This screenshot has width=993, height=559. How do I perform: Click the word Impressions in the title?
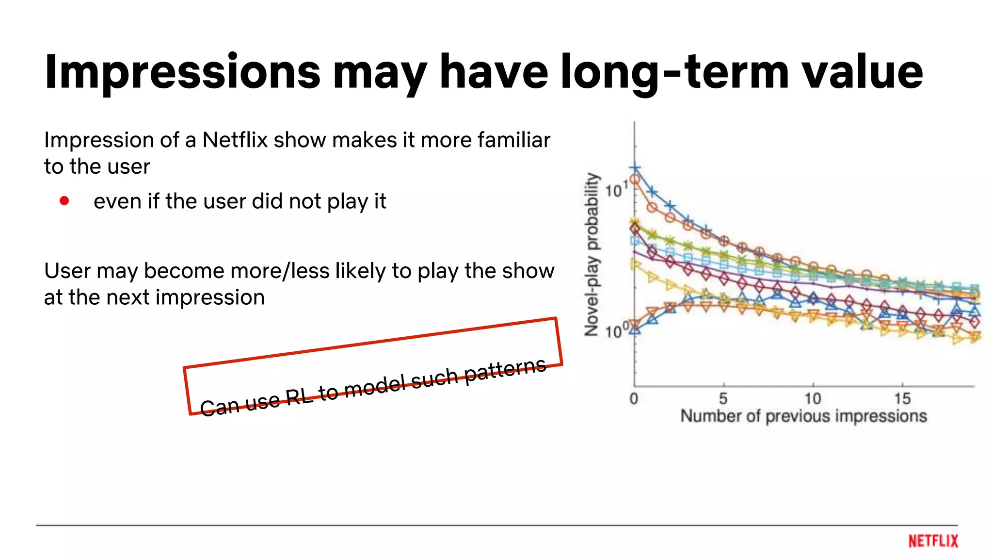pyautogui.click(x=182, y=73)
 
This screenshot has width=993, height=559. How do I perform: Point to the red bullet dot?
pyautogui.click(x=64, y=200)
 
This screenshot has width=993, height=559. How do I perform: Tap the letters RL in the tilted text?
pyautogui.click(x=299, y=396)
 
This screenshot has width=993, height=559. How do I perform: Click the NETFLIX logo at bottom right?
pyautogui.click(x=933, y=541)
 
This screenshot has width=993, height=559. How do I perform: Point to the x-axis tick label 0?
pyautogui.click(x=634, y=399)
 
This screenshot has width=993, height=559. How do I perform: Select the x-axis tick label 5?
pyautogui.click(x=723, y=399)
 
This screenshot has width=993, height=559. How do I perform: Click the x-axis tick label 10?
pyautogui.click(x=813, y=399)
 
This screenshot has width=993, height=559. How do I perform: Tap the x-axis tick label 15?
pyautogui.click(x=902, y=399)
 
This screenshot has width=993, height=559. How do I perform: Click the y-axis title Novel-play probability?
pyautogui.click(x=592, y=254)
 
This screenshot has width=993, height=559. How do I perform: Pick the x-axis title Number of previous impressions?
pyautogui.click(x=803, y=416)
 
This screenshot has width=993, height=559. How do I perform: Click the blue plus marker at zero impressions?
pyautogui.click(x=635, y=168)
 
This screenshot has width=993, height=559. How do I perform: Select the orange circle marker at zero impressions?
pyautogui.click(x=635, y=180)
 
